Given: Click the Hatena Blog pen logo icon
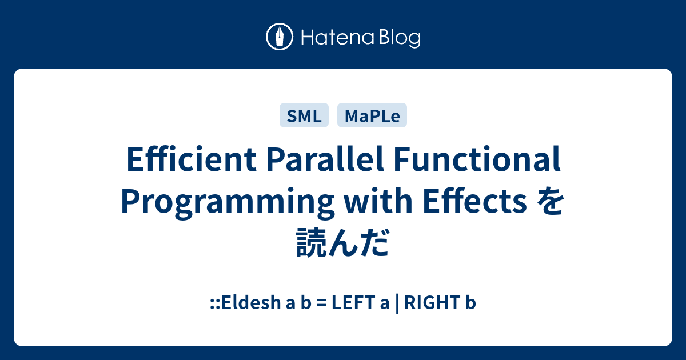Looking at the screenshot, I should (280, 38).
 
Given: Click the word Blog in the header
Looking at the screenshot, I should (400, 38).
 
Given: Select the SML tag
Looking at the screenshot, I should (304, 115).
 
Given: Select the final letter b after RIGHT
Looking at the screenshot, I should (470, 303).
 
